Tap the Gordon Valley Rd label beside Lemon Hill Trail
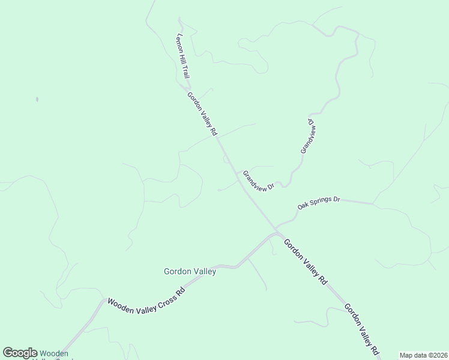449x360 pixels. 202,113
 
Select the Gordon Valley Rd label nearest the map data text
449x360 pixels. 362,329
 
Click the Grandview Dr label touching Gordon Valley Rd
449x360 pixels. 258,181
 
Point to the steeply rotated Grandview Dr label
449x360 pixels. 307,136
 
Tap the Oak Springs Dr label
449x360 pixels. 319,202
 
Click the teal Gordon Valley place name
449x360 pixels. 190,271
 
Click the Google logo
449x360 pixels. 20,353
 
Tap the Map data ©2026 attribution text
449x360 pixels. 423,355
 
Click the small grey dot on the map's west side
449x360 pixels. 37,99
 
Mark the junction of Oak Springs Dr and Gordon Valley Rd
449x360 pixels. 277,230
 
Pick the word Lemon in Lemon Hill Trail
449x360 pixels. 179,41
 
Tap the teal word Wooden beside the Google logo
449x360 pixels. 53,353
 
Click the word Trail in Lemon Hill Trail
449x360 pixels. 186,73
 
